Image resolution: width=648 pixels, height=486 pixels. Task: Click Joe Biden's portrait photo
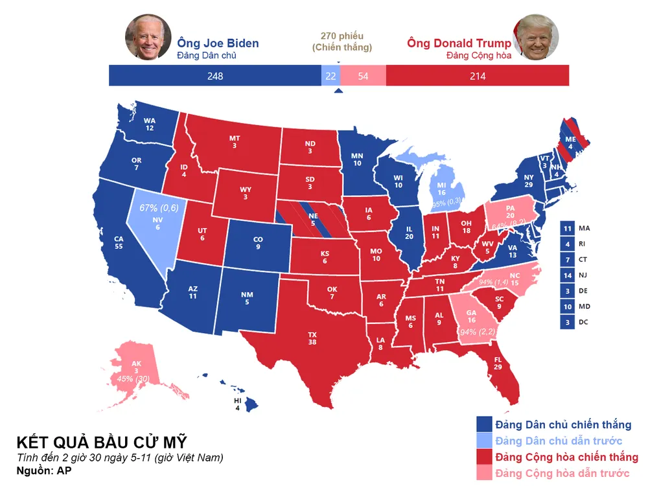148,37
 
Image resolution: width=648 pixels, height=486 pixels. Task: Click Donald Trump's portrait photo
537,38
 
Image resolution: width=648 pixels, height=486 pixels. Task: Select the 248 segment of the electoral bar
214,76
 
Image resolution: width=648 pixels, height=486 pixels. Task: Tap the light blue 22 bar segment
330,76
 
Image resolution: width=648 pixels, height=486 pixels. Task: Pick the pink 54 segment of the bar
363,76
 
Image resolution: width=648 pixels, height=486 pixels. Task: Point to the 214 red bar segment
478,76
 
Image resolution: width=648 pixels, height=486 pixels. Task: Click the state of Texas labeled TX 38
312,338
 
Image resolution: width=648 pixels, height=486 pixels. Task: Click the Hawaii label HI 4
237,403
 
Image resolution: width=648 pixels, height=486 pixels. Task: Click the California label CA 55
119,242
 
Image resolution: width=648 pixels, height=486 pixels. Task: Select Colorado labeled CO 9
258,243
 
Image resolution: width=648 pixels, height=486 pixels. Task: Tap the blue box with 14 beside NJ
568,275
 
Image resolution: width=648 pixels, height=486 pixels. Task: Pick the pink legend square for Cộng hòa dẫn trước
483,473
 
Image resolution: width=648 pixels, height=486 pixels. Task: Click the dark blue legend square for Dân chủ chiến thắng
483,424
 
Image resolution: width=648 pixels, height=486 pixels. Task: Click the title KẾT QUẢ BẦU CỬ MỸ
101,443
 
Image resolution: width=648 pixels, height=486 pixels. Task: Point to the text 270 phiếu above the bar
342,36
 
